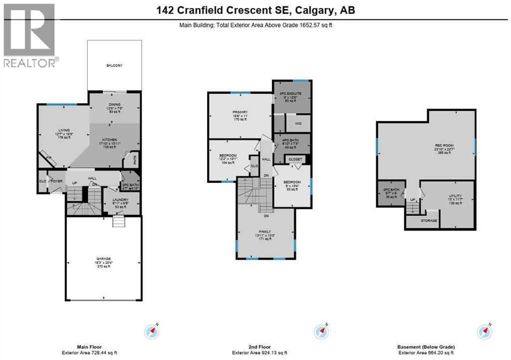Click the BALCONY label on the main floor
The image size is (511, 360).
click(x=114, y=65)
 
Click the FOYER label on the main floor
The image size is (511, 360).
click(x=56, y=181)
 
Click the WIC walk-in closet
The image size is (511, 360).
click(x=298, y=123)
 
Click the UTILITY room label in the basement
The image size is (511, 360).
click(x=447, y=195)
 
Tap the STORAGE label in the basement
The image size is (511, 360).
click(x=429, y=220)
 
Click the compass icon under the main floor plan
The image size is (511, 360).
click(x=153, y=331)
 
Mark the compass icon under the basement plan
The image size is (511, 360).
click(x=484, y=331)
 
